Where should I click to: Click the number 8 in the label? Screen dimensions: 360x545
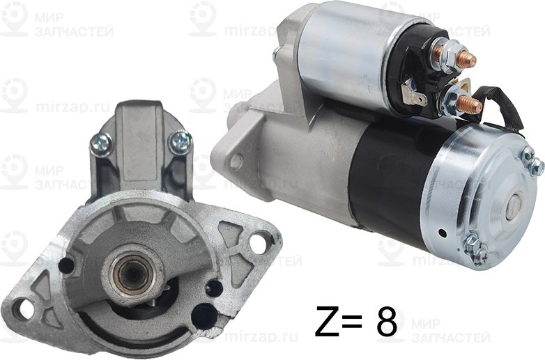386,322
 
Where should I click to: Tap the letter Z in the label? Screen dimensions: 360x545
328,322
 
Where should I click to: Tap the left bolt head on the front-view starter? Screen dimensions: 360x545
101,144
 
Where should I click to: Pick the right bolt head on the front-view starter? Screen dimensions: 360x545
180,142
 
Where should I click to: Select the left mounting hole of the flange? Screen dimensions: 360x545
25,308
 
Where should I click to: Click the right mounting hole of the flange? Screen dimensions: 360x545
259,244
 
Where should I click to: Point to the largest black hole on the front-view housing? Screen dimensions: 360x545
204,317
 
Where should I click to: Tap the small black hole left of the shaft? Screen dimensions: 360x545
67,265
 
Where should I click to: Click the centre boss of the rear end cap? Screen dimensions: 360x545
512,205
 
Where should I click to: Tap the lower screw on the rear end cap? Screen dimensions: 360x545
476,249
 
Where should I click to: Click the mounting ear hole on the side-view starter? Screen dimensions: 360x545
237,161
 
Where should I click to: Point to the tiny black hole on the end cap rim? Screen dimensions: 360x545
441,233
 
